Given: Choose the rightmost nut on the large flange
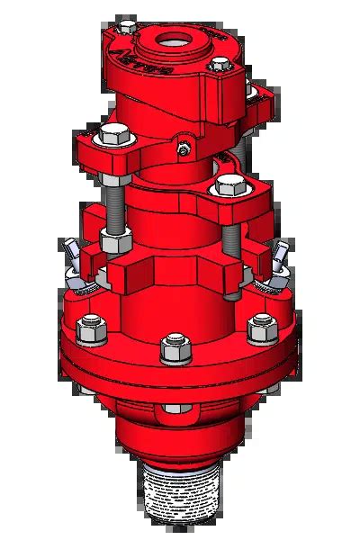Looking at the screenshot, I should click(x=262, y=328).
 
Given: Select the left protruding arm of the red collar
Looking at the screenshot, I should click(x=122, y=275).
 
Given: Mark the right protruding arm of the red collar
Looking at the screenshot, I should click(x=232, y=274).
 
